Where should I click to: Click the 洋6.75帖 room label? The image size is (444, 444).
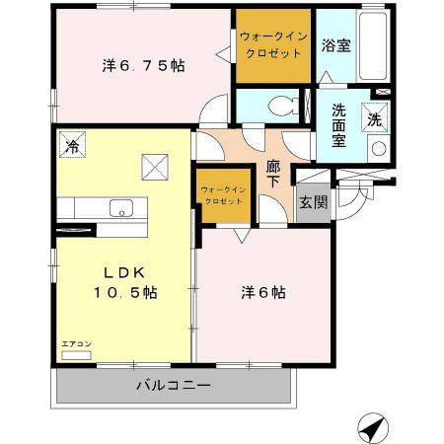pos(144,66)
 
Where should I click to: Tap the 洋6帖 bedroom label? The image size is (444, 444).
pos(263,293)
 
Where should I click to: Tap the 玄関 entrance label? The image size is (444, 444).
pos(314,203)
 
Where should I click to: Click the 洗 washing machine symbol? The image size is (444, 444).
pos(375,115)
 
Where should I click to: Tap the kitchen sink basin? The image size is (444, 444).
pos(122,209)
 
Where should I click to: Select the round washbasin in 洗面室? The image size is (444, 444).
pos(377,149)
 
